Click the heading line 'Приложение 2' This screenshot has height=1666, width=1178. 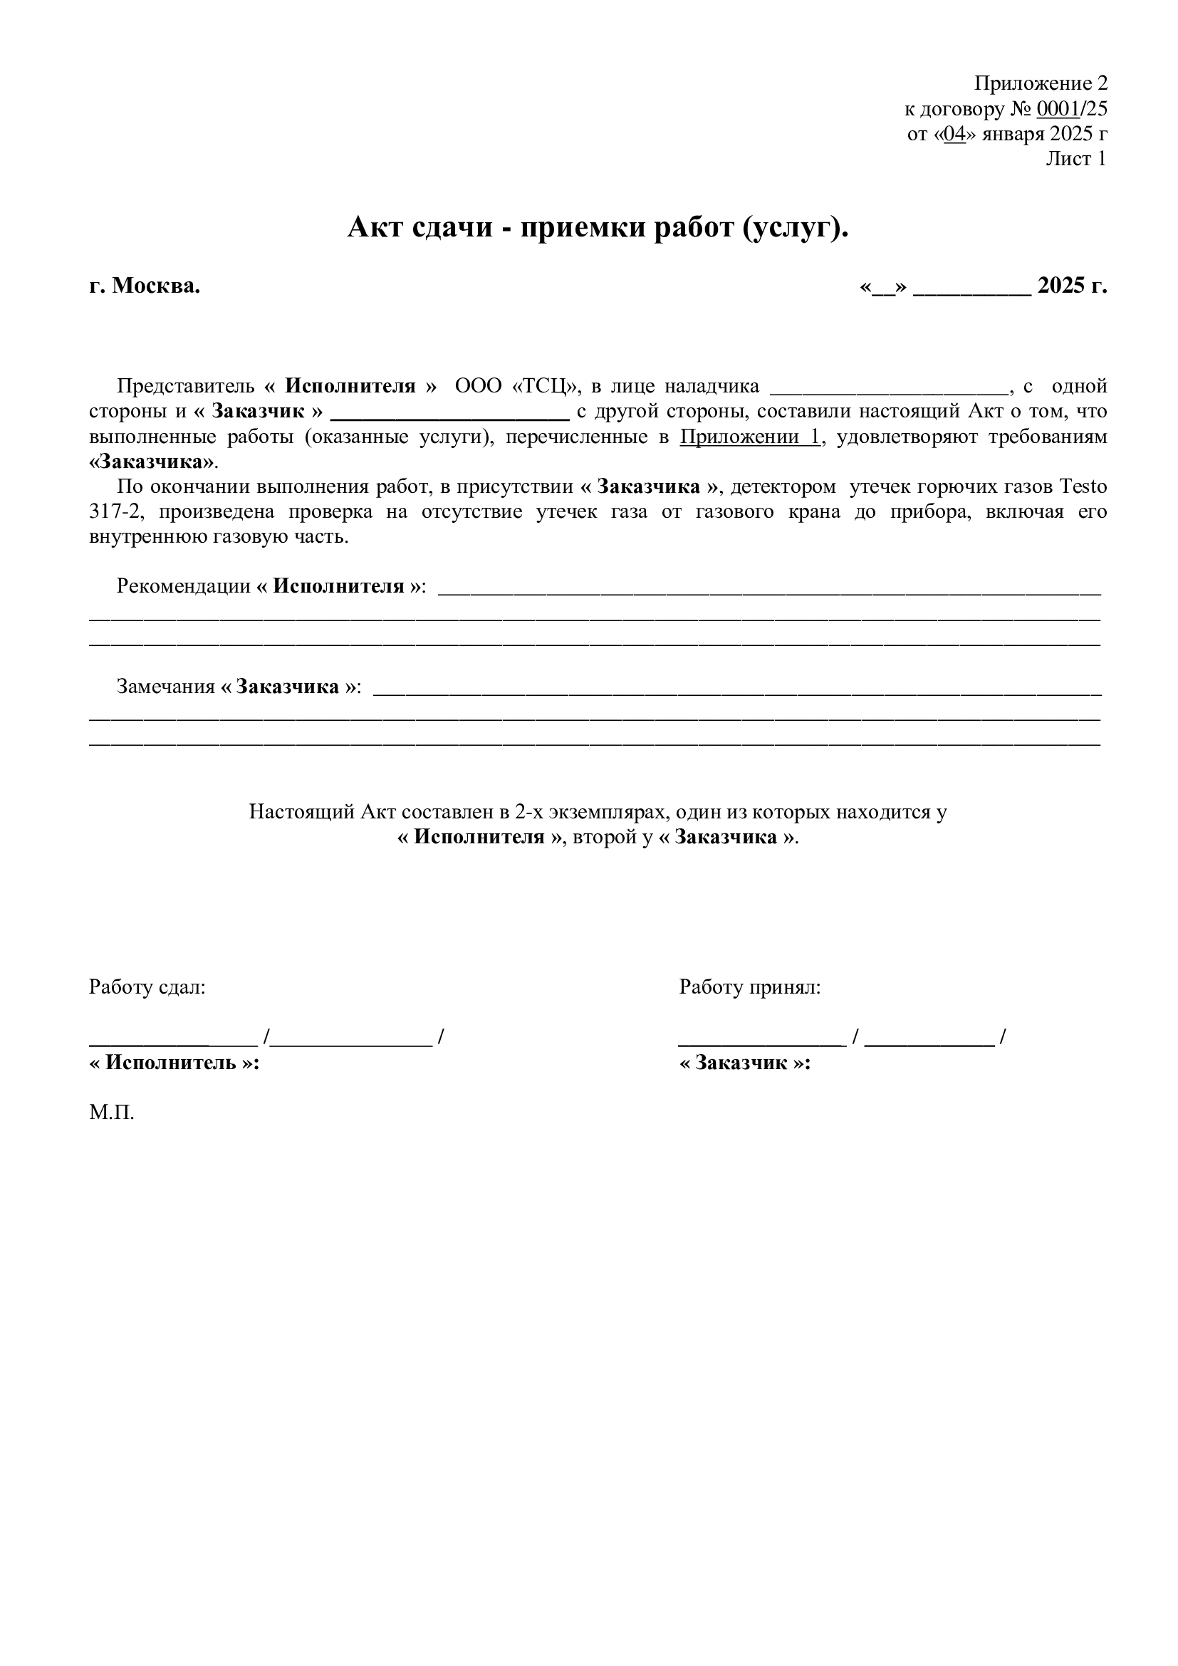pos(1040,83)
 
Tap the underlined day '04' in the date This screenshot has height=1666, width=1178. pos(954,134)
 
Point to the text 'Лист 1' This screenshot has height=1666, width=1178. pos(1075,159)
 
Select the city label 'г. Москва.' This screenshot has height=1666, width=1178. pos(145,286)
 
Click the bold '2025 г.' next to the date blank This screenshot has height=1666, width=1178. pos(1071,286)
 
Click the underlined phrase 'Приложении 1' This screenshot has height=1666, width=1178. pos(750,437)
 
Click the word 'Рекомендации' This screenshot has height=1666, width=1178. pos(184,586)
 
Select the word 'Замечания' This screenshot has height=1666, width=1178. pos(165,687)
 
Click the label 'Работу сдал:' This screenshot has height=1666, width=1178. pos(147,986)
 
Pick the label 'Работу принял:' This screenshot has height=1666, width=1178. pos(749,986)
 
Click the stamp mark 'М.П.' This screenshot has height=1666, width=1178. pos(112,1113)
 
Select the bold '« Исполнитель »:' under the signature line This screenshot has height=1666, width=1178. pos(174,1063)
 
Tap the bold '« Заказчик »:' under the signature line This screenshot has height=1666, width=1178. pos(744,1063)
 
